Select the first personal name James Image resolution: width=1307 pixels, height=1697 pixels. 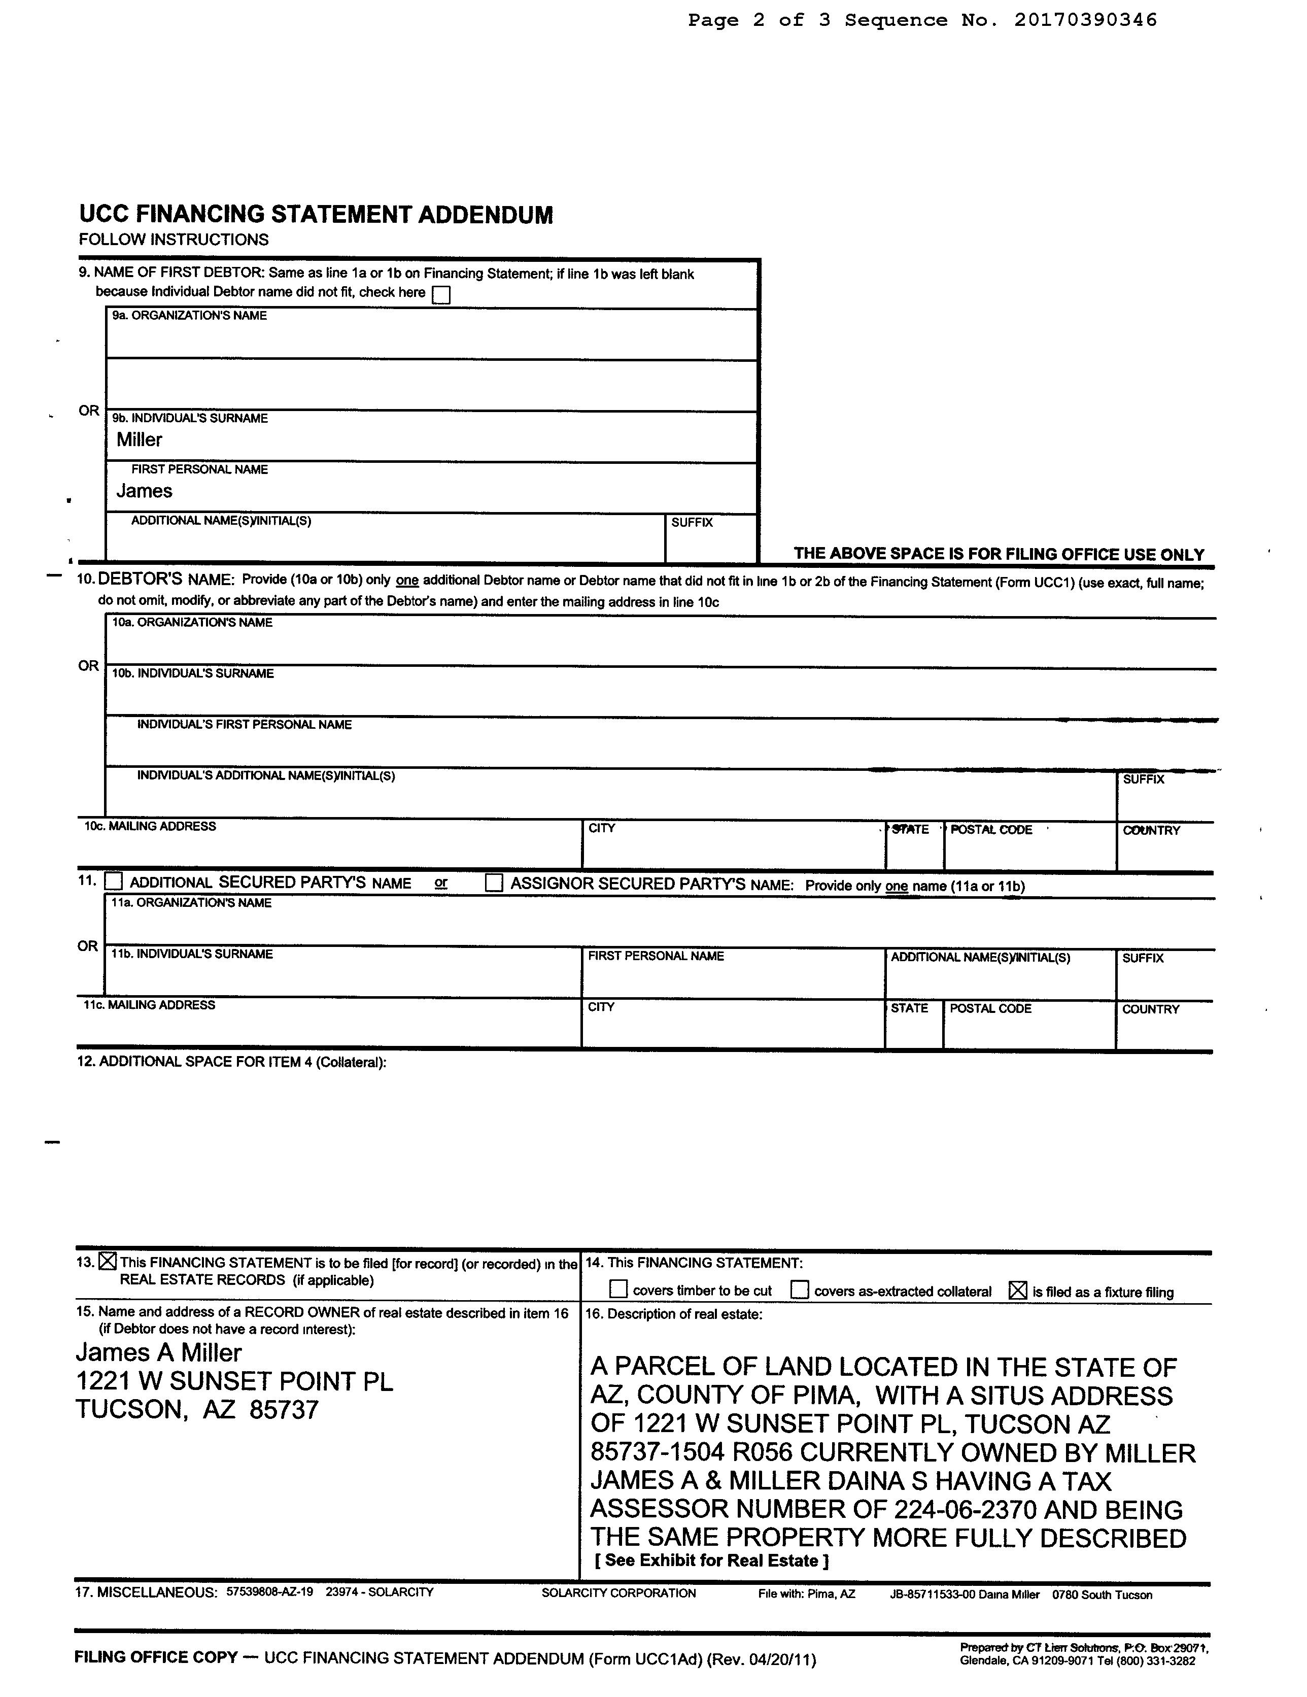click(x=145, y=491)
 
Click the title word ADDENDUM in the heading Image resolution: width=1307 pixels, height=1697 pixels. click(x=486, y=215)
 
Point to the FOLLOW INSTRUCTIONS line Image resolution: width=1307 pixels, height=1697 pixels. click(x=174, y=240)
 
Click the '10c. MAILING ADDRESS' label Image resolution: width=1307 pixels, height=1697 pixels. click(x=150, y=826)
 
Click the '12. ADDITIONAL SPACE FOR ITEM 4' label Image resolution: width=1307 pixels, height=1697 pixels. click(x=231, y=1062)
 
